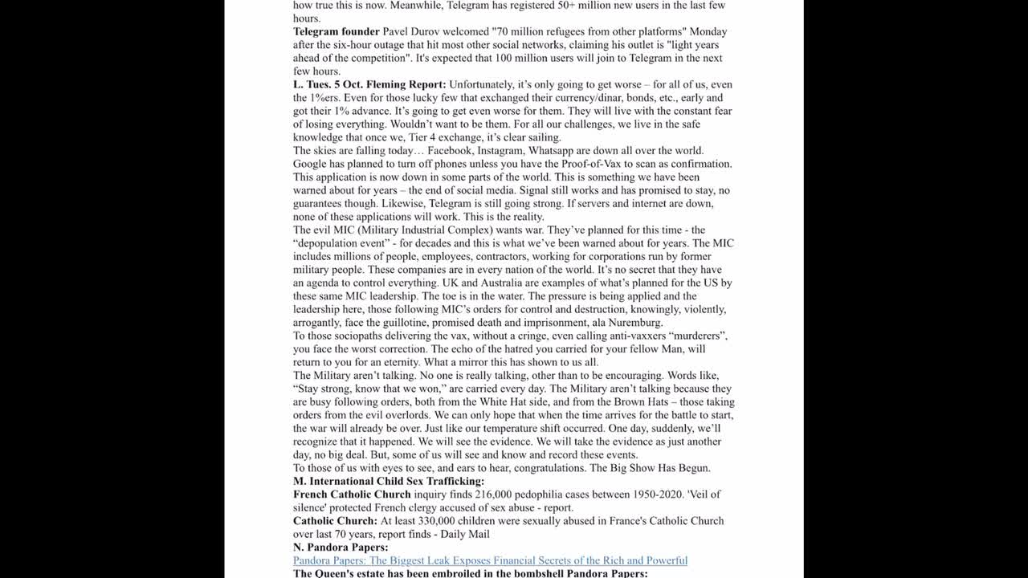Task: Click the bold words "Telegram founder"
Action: click(336, 31)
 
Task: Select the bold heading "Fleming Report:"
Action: click(406, 84)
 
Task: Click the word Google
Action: click(311, 164)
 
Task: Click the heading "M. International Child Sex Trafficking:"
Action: click(389, 481)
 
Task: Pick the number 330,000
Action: click(447, 520)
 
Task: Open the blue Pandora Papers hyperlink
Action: click(490, 560)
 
